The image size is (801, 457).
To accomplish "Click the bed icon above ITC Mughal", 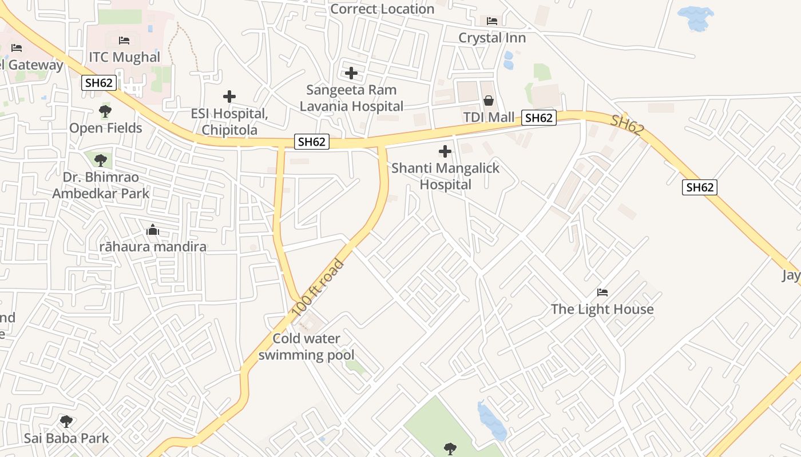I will [124, 41].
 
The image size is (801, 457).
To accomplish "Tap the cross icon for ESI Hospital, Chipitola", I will [229, 97].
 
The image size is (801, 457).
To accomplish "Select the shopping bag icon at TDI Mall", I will [489, 101].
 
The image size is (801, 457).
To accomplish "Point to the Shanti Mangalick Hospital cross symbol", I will [445, 151].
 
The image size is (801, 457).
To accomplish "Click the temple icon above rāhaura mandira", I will [153, 230].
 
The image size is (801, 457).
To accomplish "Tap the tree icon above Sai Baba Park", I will [66, 422].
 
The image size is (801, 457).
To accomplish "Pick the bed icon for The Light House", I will [602, 292].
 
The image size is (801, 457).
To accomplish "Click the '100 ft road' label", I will [318, 288].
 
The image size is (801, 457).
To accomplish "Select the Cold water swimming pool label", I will [306, 347].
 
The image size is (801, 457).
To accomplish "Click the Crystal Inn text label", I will [492, 38].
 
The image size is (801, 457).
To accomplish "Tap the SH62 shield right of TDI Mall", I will [538, 118].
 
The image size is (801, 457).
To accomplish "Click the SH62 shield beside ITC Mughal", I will [99, 83].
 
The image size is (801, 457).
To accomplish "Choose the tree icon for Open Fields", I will [105, 111].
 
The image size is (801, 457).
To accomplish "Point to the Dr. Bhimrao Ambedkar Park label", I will [101, 185].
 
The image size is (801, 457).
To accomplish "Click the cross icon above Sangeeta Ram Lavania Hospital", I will [351, 73].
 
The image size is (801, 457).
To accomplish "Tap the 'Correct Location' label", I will [382, 9].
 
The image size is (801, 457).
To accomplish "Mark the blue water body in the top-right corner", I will [696, 18].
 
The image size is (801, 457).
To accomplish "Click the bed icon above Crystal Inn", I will [492, 21].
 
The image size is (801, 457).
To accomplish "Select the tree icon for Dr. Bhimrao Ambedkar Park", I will [101, 160].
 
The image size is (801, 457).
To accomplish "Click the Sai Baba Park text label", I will [66, 439].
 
